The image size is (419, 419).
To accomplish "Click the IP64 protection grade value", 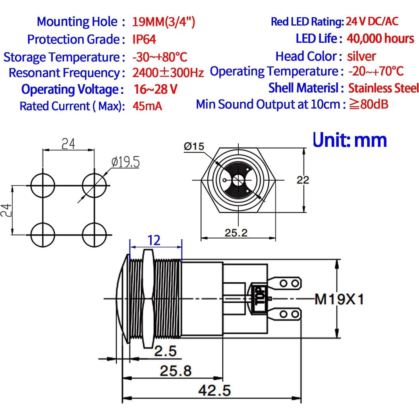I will click(x=144, y=39).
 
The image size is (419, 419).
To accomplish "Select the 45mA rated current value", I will click(x=147, y=106).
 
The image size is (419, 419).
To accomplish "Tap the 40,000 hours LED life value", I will click(x=380, y=38).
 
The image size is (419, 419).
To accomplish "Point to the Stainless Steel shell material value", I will click(x=383, y=88).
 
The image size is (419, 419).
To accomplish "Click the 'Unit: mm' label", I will click(x=350, y=140).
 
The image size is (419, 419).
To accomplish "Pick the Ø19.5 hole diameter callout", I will click(x=125, y=162).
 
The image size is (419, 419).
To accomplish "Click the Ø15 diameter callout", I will click(x=194, y=146).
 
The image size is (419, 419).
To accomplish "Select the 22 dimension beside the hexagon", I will click(x=303, y=180).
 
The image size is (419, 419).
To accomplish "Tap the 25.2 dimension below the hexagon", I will click(x=236, y=233).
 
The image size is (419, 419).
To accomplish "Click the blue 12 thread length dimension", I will click(x=154, y=240).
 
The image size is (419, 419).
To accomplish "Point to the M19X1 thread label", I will click(x=339, y=299).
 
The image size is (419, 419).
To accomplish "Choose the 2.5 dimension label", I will click(x=165, y=351).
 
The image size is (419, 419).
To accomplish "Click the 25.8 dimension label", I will click(x=175, y=370).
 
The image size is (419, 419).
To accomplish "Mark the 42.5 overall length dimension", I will click(x=215, y=391).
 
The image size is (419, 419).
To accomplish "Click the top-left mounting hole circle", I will click(x=43, y=186).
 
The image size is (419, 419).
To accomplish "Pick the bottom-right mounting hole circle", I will click(x=94, y=235).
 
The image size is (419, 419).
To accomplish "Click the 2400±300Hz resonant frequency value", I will click(x=168, y=73).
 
